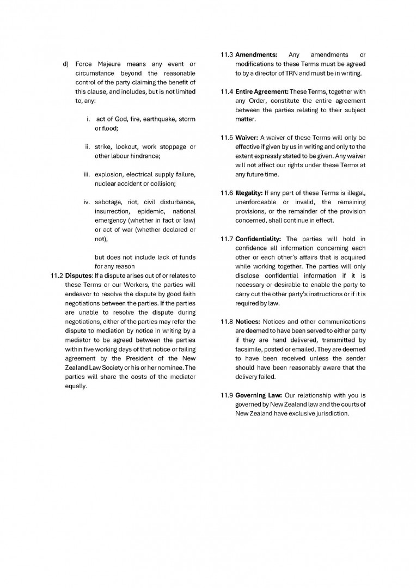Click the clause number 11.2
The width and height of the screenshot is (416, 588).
point(57,275)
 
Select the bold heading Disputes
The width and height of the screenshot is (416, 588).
point(79,275)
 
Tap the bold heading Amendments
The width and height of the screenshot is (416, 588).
point(256,54)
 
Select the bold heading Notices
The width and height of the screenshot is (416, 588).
point(248,321)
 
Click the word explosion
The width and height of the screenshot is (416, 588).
point(109,174)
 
